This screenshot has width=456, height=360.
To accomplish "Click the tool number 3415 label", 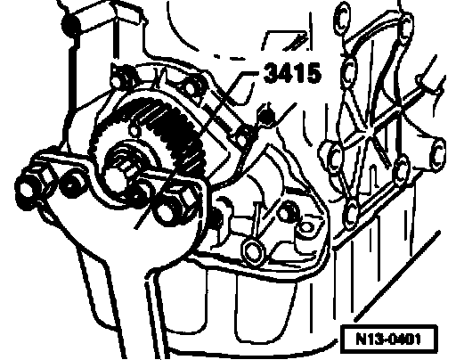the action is [x=292, y=73].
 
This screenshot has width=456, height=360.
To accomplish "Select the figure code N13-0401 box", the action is [x=389, y=339].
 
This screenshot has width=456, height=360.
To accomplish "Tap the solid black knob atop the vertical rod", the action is [x=70, y=24].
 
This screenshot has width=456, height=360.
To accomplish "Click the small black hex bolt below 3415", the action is [x=266, y=115].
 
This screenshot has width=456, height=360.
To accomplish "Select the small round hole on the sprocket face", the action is [x=134, y=131].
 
